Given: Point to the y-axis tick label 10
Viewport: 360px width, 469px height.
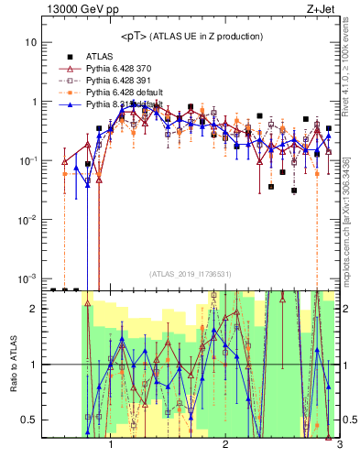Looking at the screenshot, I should [x=29, y=43].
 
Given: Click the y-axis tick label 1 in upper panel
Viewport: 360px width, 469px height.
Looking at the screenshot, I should [x=33, y=102].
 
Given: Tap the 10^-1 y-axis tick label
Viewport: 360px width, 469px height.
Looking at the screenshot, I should [x=27, y=160].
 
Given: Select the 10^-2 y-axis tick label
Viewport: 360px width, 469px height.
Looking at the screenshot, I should [x=27, y=219].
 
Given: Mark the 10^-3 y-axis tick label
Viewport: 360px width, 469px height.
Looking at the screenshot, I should [x=27, y=278].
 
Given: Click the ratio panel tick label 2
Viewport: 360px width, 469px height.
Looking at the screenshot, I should [x=33, y=310].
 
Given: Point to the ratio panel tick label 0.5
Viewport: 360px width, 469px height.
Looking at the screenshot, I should [x=29, y=420].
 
